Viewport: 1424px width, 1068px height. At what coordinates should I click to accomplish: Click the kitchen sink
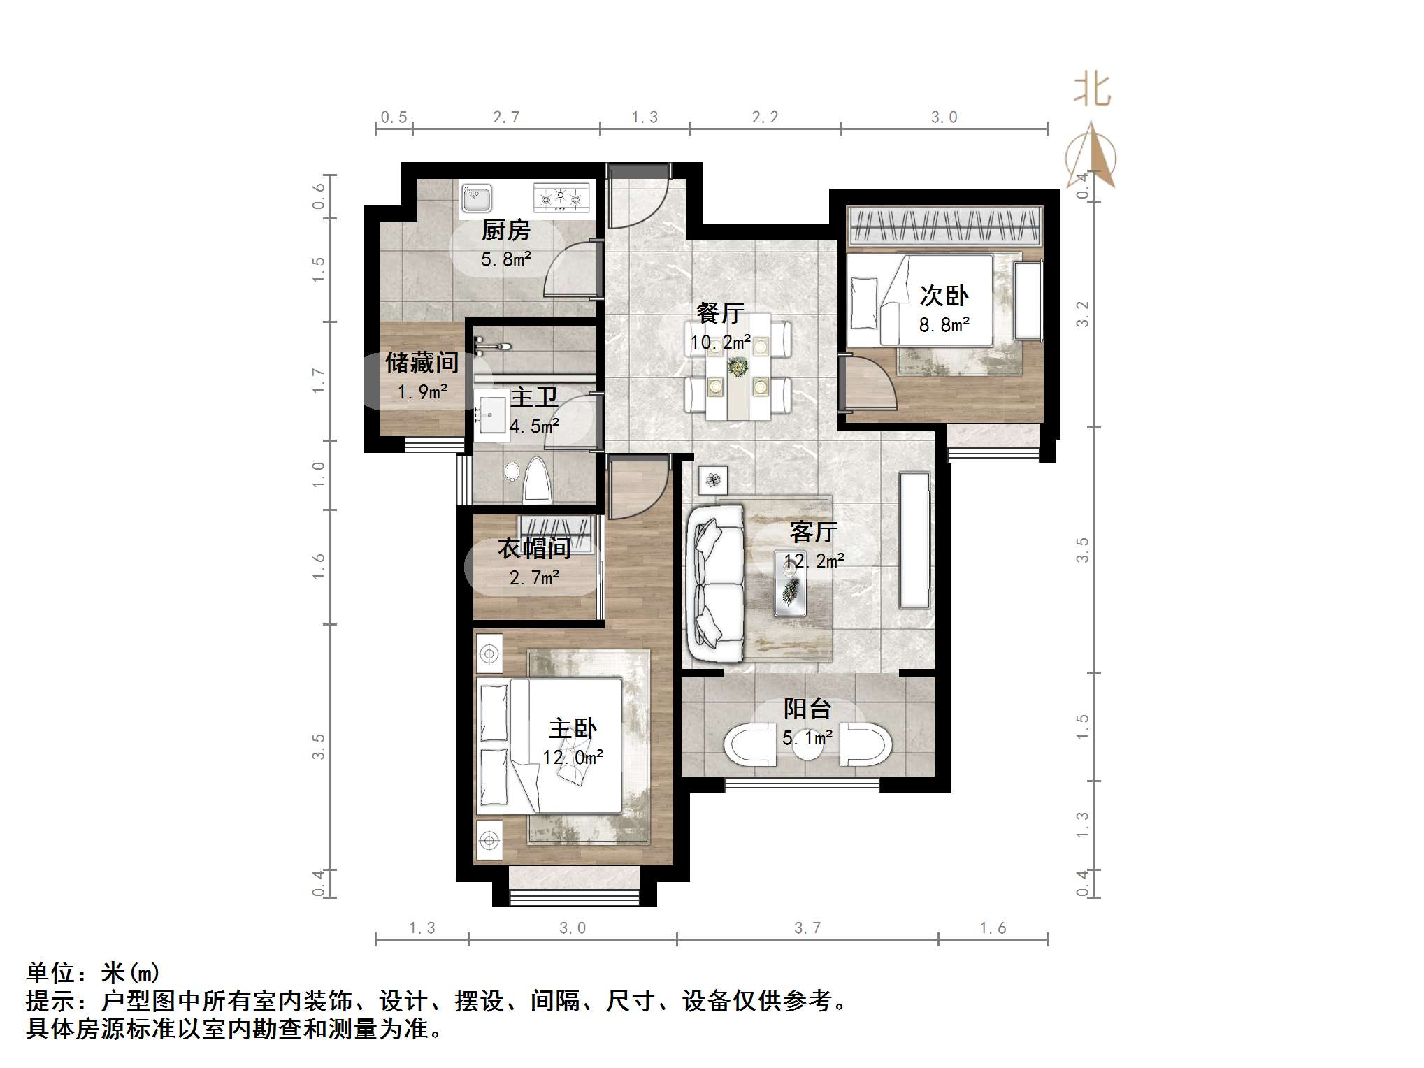tap(477, 198)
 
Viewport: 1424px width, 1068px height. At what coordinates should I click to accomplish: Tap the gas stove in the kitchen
tap(561, 198)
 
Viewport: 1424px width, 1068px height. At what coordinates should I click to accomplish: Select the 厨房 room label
tap(506, 231)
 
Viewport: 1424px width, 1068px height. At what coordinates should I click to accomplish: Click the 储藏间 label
tap(422, 363)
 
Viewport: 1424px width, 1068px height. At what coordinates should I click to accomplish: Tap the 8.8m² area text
tap(944, 325)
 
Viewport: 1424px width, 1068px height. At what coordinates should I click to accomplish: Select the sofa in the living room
tap(715, 584)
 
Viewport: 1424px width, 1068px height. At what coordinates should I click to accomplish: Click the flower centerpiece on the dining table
tap(737, 366)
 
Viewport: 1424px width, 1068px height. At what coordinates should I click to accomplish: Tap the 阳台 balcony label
tap(807, 709)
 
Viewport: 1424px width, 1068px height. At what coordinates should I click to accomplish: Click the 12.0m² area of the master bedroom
tap(573, 757)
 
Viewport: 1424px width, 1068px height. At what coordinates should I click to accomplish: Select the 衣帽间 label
tap(534, 549)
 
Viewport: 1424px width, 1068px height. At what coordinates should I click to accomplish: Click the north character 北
tap(1091, 90)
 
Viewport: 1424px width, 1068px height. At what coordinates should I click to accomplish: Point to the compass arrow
tap(1091, 156)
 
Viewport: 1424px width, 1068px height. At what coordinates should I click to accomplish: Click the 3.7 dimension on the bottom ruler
tap(807, 928)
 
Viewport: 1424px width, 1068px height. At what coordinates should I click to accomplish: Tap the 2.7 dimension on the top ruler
tap(506, 117)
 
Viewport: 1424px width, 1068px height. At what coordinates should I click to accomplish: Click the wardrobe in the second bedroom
tap(944, 226)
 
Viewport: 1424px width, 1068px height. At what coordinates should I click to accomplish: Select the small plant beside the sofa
tap(713, 480)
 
